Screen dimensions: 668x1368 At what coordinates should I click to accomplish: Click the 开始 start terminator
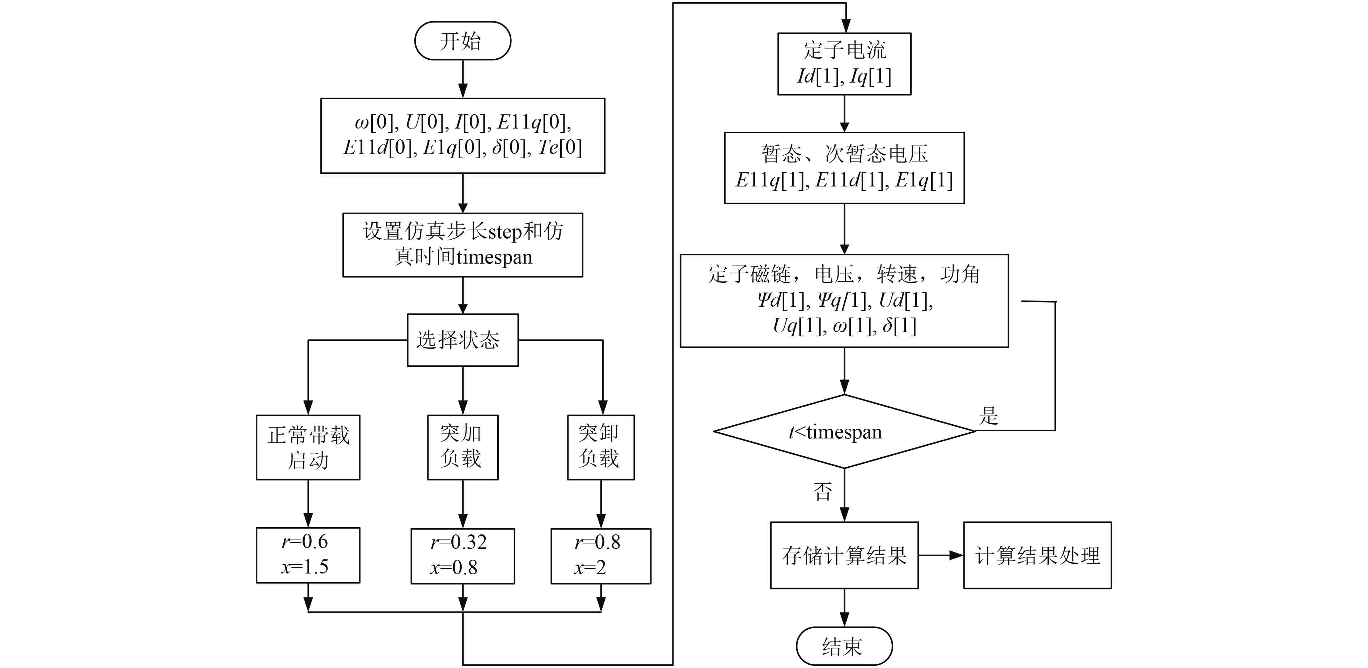[463, 41]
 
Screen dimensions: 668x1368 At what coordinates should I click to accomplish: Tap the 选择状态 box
[463, 340]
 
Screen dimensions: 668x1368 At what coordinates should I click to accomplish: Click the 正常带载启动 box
[308, 448]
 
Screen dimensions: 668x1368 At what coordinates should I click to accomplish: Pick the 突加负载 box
[463, 448]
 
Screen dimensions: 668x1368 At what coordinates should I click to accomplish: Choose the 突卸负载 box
[601, 448]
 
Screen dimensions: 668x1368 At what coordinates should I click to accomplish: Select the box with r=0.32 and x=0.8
[463, 556]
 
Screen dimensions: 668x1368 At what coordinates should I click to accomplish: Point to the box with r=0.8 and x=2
[601, 556]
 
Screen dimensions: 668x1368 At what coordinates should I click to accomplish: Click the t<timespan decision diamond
[844, 432]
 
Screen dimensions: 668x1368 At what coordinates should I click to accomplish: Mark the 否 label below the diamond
[823, 492]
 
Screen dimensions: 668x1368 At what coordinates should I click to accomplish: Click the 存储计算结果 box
[844, 555]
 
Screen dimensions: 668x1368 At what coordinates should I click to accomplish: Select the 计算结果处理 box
[1037, 555]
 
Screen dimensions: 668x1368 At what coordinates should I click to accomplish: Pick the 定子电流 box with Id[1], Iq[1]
[844, 64]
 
